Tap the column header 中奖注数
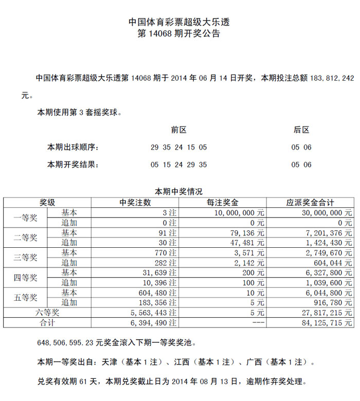click(x=135, y=203)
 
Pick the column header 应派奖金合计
click(x=310, y=203)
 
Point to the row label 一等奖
click(x=25, y=217)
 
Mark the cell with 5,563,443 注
click(x=154, y=313)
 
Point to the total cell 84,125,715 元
click(x=328, y=323)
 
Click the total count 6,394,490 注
click(x=154, y=323)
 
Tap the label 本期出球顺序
click(x=73, y=148)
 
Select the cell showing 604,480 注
click(x=156, y=293)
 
